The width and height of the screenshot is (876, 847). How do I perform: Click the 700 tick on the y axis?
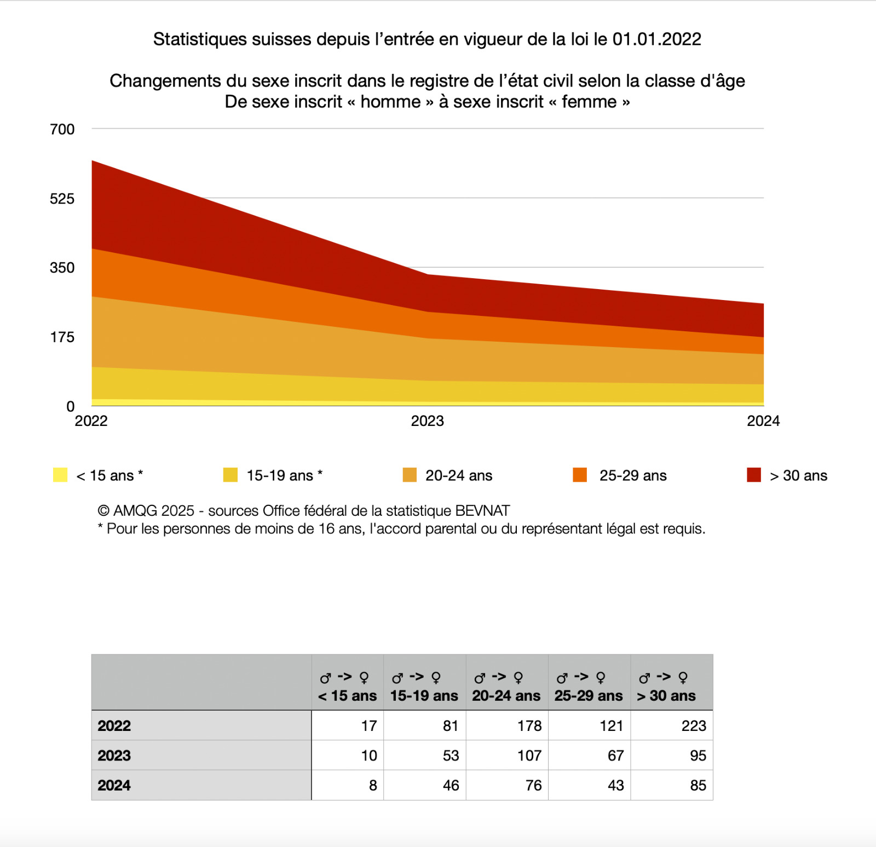[62, 129]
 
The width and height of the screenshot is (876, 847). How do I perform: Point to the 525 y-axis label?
[62, 199]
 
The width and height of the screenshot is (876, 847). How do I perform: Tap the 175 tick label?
[62, 337]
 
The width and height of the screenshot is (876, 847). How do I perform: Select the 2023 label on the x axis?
[427, 421]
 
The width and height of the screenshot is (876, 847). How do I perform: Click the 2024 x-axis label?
[763, 421]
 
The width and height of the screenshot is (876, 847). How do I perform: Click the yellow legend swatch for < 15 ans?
[60, 475]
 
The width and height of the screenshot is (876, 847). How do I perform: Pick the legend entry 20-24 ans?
[458, 475]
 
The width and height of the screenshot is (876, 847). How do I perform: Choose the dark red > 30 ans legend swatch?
[753, 475]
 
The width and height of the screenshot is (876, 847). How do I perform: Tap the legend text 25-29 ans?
[632, 475]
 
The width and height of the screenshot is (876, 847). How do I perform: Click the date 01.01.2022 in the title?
[656, 39]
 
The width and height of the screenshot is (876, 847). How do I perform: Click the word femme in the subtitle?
[589, 102]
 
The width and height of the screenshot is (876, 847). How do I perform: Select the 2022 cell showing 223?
[693, 726]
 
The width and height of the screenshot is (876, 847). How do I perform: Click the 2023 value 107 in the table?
[529, 756]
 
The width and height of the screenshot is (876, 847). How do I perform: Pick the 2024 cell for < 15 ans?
[372, 785]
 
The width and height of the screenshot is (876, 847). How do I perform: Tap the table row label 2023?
[114, 756]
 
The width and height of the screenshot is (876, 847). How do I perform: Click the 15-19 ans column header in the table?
[424, 695]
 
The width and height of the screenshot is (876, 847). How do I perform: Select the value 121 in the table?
[611, 726]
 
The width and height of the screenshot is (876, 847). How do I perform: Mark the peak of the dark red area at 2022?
[93, 161]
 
